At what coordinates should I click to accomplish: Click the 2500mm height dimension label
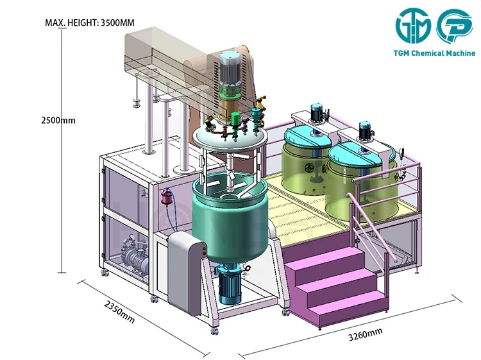pos(58,120)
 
